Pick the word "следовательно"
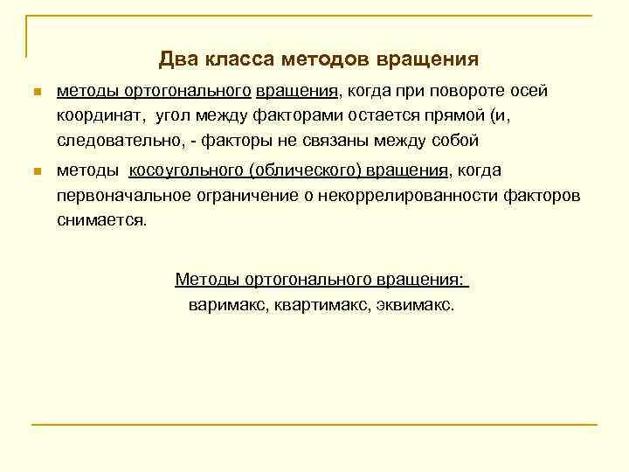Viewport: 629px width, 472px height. click(x=108, y=140)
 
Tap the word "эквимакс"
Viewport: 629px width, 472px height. click(x=418, y=305)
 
